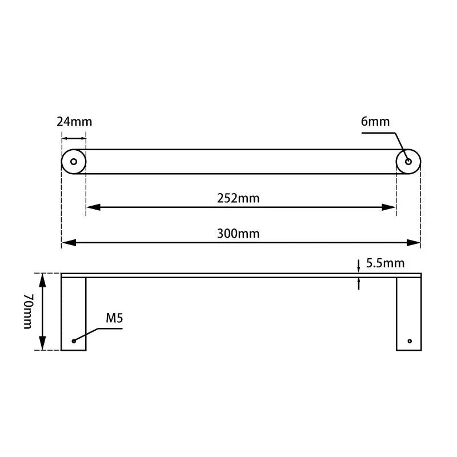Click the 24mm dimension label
[x=74, y=122]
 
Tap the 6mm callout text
[x=375, y=121]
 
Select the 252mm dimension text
[x=238, y=198]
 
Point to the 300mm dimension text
[x=238, y=234]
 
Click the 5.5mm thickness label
[x=385, y=263]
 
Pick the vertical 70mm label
[x=27, y=312]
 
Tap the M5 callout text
[x=114, y=318]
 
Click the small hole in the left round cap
[x=73, y=162]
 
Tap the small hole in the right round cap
[x=408, y=162]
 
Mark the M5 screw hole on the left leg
[x=74, y=341]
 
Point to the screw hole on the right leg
[x=410, y=341]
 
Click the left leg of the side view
[x=74, y=314]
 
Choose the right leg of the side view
[x=408, y=314]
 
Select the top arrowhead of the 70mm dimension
[x=42, y=279]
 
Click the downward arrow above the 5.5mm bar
[x=358, y=267]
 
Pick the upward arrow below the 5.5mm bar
[x=358, y=282]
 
